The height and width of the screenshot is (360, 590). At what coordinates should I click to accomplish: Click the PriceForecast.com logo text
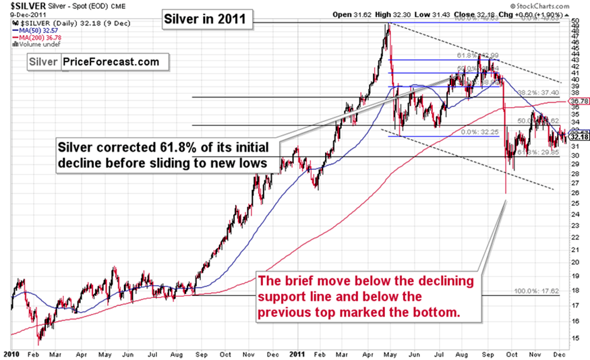(111, 62)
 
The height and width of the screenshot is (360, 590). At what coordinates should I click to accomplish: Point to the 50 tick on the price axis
(575, 22)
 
